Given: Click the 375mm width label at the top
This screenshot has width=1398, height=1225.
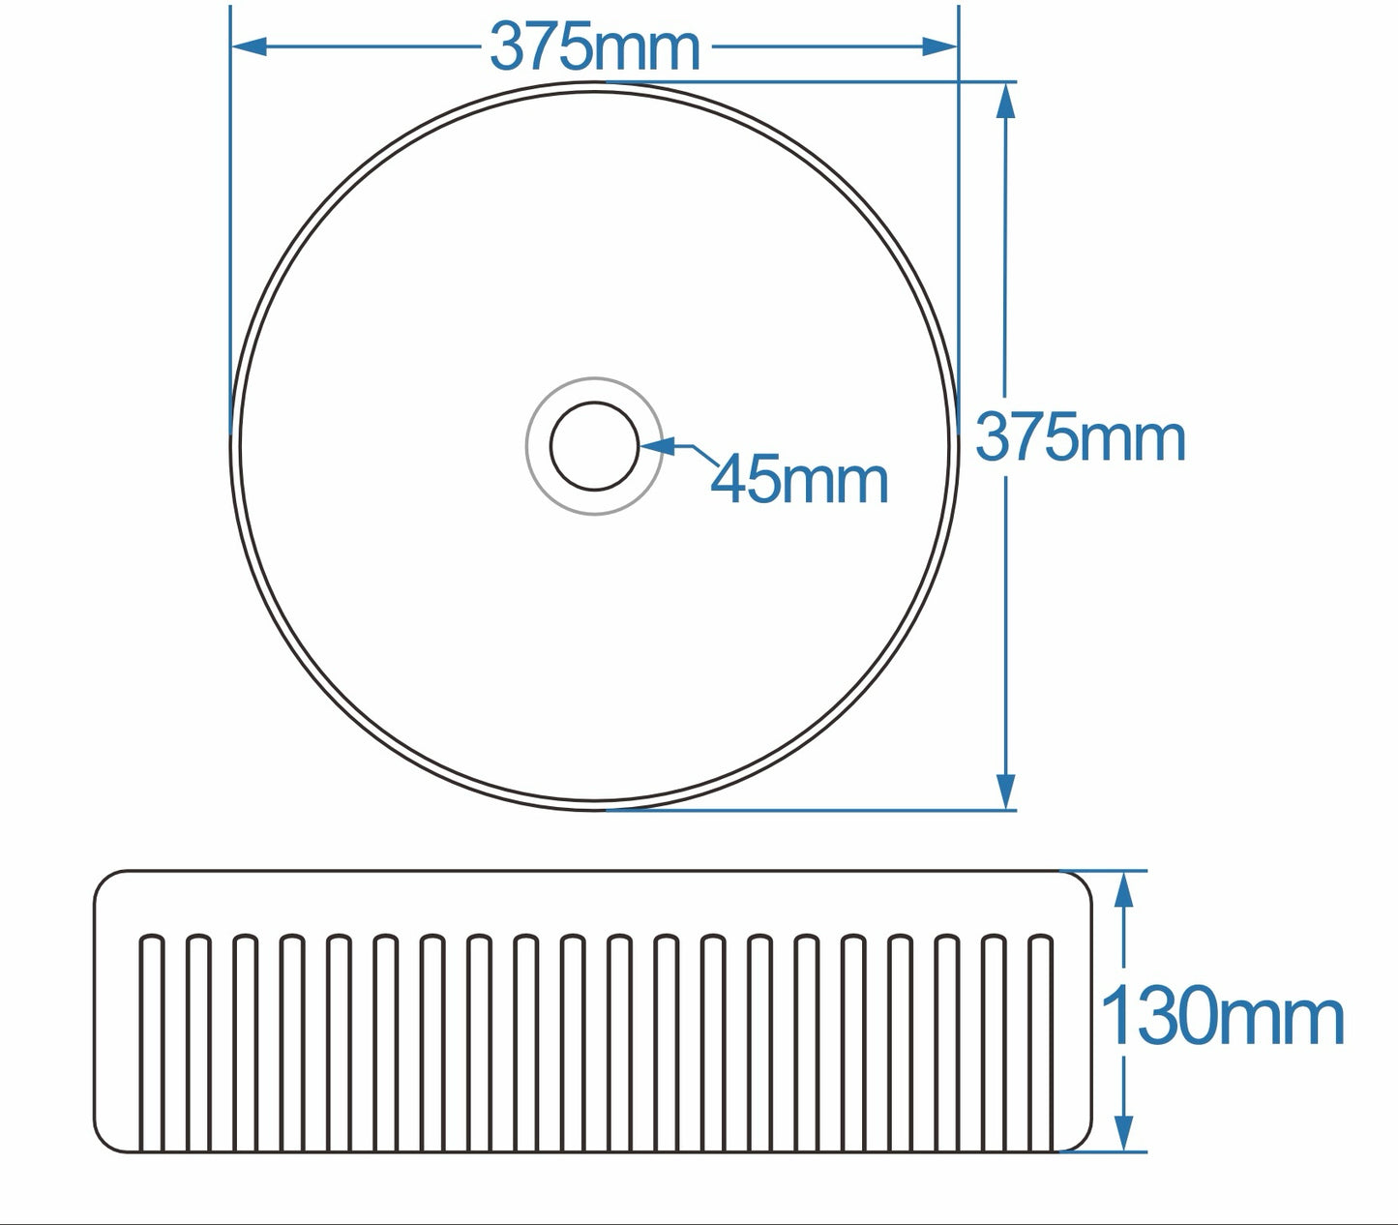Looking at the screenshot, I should click(594, 46).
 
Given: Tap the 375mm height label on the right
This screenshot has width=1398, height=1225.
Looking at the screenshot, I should click(1080, 437).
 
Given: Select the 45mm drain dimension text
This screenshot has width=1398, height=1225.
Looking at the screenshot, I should click(799, 480).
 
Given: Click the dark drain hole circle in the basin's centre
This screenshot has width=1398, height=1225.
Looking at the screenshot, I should click(594, 446).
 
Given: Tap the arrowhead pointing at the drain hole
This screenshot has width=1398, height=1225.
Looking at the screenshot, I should click(658, 446).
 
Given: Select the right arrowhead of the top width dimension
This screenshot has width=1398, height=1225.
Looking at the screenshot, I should click(938, 45).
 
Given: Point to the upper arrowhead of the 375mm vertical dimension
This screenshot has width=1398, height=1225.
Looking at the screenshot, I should click(1006, 101).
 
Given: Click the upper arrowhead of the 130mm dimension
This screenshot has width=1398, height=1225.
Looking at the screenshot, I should click(1123, 888).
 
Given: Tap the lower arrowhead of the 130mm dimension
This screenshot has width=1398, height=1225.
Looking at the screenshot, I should click(1123, 1133).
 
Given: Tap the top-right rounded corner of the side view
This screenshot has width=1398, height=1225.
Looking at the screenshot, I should click(1081, 881).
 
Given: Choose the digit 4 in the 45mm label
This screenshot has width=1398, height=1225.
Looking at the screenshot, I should click(731, 480).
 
